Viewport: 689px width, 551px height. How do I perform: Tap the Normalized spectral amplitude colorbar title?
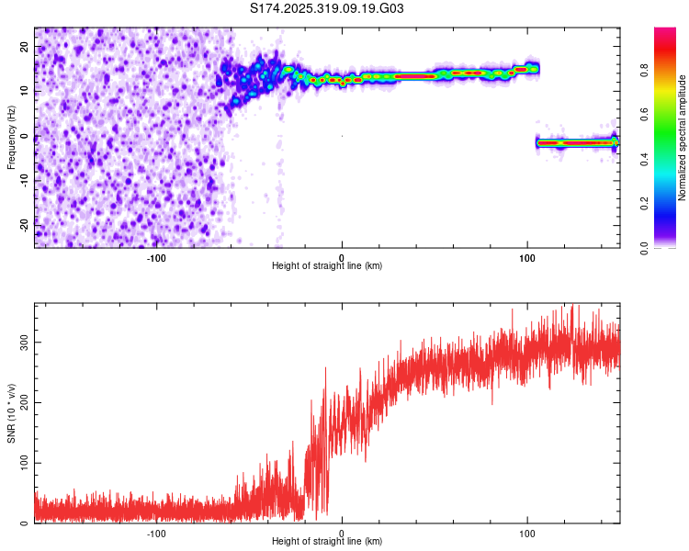pos(683,138)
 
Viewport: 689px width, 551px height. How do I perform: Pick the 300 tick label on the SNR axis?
pos(21,342)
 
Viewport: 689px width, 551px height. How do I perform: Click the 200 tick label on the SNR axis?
pos(21,402)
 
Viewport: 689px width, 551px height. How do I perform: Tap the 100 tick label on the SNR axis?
pos(21,463)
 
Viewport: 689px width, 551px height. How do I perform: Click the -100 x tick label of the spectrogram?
pos(155,257)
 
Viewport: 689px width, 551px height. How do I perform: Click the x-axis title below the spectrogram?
pos(327,266)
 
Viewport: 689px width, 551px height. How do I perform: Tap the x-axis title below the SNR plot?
pos(327,542)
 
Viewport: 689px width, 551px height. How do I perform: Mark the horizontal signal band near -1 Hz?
pos(577,143)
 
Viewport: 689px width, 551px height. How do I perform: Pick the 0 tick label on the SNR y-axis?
pos(27,523)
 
